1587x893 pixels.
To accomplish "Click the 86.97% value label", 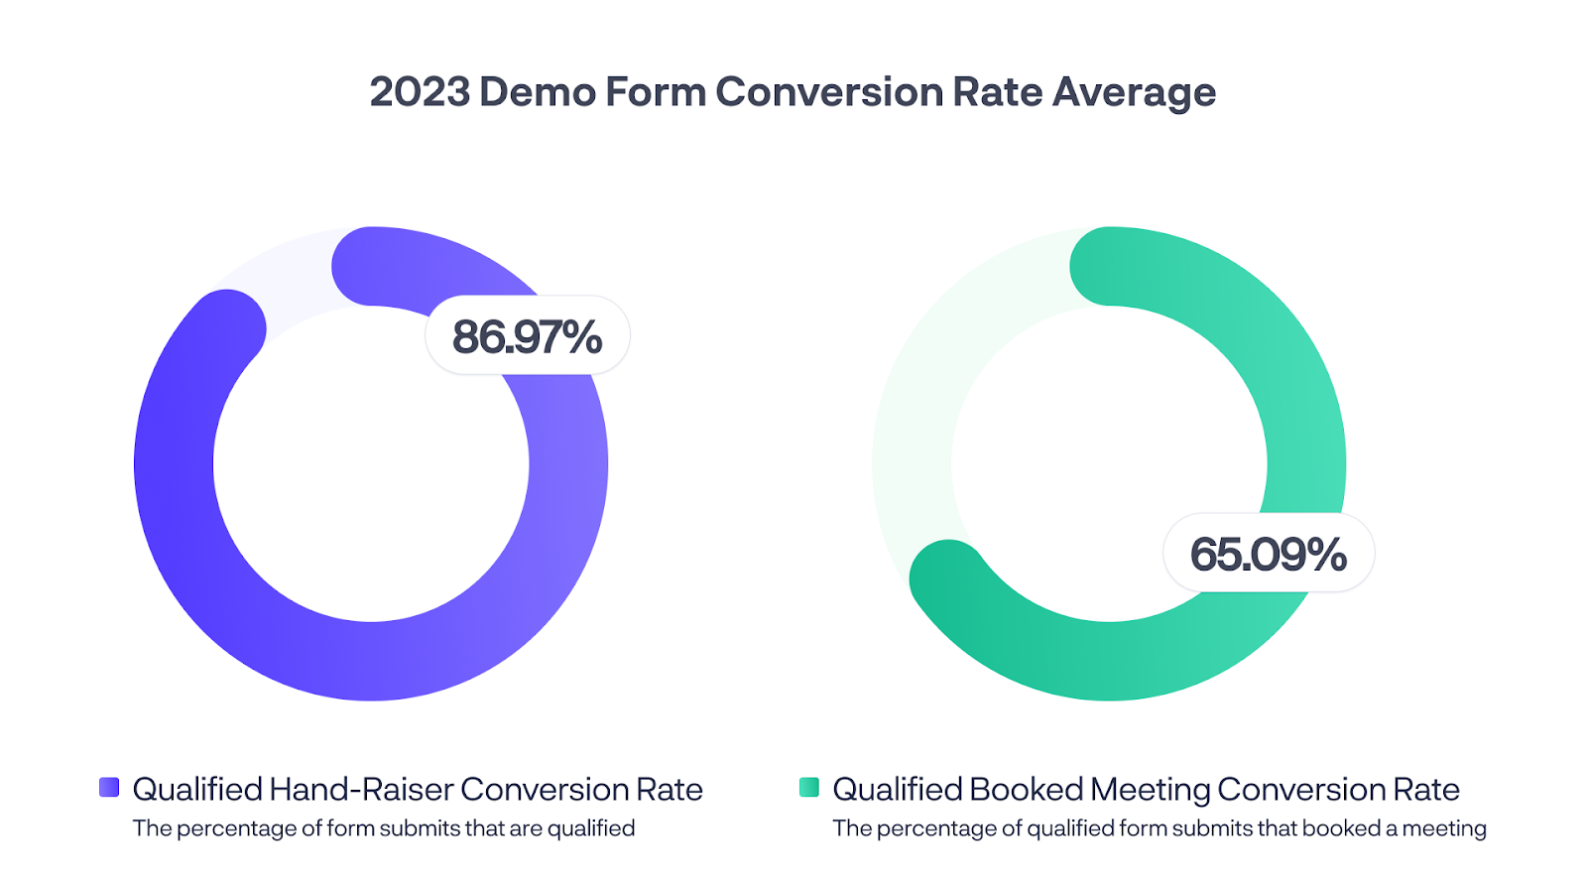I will coord(527,336).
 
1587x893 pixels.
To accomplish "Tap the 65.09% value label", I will coord(1268,554).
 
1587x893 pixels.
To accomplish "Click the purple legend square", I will coord(109,788).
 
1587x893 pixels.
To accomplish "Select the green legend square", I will coord(809,788).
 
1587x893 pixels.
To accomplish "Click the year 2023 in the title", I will coord(420,92).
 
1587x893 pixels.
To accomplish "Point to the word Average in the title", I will coord(1134,92).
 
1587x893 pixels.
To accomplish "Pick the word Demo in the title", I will coord(537,92).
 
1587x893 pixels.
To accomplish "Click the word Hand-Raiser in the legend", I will coord(361,790).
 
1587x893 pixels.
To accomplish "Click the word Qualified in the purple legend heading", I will coord(197,790).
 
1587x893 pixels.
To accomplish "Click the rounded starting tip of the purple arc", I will coord(371,267).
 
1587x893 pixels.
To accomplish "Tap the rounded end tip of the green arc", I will coord(948,578).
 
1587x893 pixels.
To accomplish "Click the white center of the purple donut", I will coord(371,464).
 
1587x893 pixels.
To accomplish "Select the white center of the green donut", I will coord(1109,464).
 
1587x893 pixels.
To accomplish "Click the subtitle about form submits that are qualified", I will coord(384,829).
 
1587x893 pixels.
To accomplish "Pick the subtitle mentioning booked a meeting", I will coord(1159,829).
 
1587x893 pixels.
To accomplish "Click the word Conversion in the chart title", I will coord(828,92).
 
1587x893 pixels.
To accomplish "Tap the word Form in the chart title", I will coord(655,92).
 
